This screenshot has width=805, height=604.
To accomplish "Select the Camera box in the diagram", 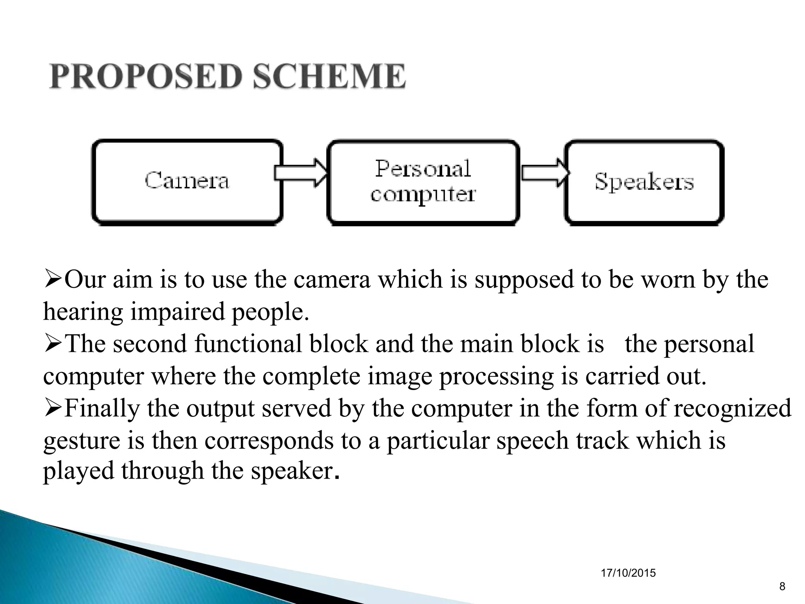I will pyautogui.click(x=187, y=182).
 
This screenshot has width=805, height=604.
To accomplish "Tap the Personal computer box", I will pyautogui.click(x=423, y=182).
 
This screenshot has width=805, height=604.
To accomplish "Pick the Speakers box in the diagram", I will pyautogui.click(x=644, y=182).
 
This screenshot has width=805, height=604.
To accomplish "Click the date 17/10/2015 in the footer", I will pyautogui.click(x=628, y=573).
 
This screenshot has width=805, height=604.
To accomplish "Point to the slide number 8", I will pyautogui.click(x=782, y=587).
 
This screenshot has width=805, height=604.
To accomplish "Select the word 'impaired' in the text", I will pyautogui.click(x=178, y=311).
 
